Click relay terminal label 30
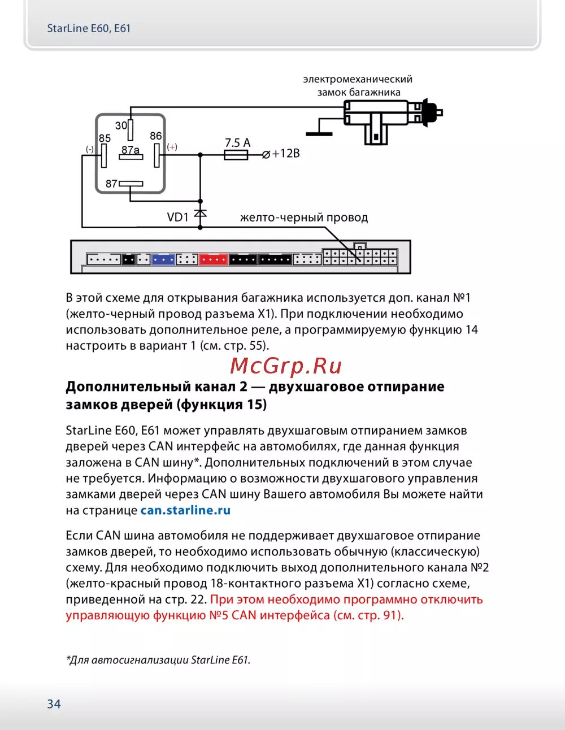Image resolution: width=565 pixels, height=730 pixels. [x=121, y=125]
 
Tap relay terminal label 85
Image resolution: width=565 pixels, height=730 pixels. [x=105, y=138]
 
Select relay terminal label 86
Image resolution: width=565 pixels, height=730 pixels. [x=156, y=136]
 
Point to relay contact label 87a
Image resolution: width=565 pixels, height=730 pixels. [x=131, y=150]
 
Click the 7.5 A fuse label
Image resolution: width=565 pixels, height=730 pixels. [x=237, y=143]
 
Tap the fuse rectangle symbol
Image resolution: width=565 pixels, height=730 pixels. [x=236, y=154]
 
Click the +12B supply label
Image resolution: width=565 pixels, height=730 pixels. [x=285, y=154]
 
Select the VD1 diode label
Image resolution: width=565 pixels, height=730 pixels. [x=177, y=218]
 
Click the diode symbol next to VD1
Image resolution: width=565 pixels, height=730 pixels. [x=200, y=214]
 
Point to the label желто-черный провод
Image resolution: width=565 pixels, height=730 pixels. [x=304, y=218]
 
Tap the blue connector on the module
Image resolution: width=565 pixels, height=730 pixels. [x=163, y=259]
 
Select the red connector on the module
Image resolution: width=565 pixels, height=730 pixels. [x=213, y=259]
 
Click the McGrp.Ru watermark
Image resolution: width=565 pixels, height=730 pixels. [x=286, y=366]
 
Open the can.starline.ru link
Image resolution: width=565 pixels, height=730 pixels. [x=185, y=510]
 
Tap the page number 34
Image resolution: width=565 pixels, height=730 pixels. [x=54, y=704]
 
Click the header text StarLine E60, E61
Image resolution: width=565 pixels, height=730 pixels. [x=89, y=28]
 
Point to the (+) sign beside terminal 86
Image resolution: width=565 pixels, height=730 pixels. [x=172, y=147]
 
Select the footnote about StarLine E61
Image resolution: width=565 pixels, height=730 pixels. [x=158, y=660]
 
